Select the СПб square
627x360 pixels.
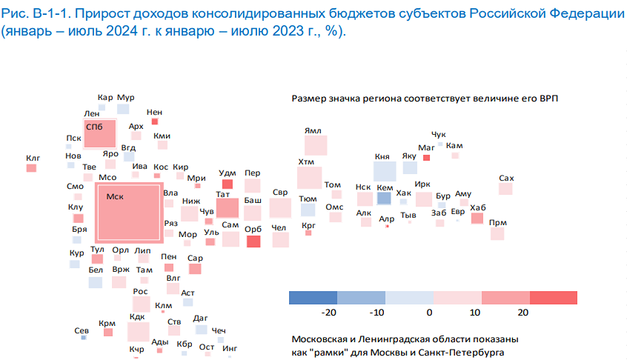click(100, 134)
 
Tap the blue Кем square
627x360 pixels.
click(384, 199)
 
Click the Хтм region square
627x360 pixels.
click(308, 178)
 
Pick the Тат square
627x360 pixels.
click(227, 207)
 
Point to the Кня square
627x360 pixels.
click(384, 171)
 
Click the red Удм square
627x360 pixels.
click(228, 184)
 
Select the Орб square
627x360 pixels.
click(253, 241)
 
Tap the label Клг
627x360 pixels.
click(32, 158)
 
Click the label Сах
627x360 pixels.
click(507, 178)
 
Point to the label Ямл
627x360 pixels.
click(313, 130)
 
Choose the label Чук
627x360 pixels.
click(439, 134)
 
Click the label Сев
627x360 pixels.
click(82, 330)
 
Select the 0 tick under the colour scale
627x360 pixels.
click(431, 312)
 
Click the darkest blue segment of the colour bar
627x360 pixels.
click(313, 297)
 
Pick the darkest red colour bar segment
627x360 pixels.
click(554, 297)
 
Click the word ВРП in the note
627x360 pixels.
click(546, 99)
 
